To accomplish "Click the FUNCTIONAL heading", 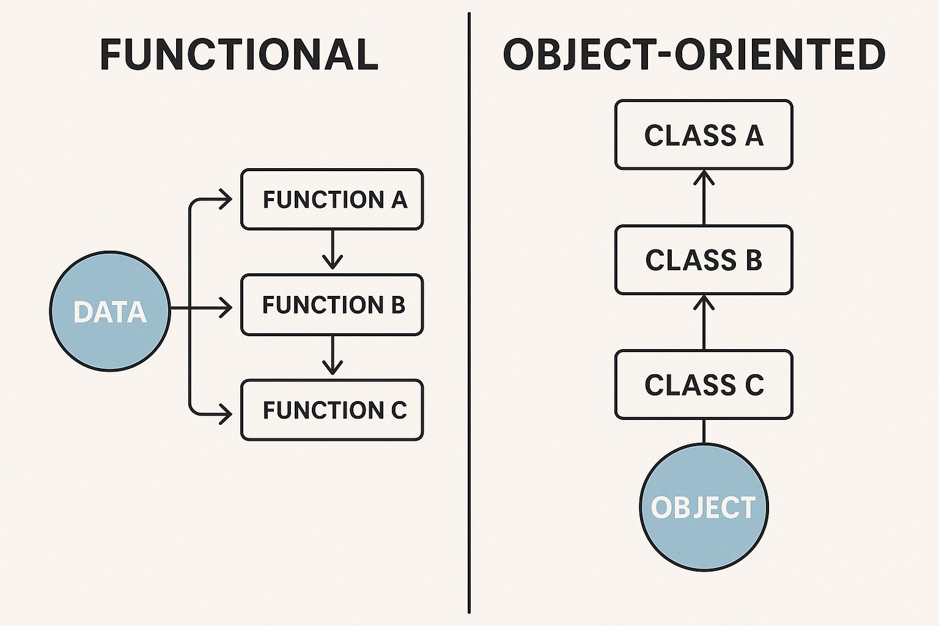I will (238, 54).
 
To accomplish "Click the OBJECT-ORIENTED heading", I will (694, 54).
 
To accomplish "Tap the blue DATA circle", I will (109, 311).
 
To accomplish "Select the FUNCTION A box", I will (332, 199).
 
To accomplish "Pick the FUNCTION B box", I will (332, 304).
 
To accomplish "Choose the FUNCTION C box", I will (332, 410).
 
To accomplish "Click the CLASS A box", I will (704, 134).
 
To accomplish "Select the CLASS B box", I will (704, 260).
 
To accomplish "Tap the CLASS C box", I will (704, 385).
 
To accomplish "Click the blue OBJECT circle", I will (704, 507).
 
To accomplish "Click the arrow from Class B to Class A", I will (704, 197).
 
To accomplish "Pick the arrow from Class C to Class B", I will (704, 322).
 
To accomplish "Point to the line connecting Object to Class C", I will (704, 431).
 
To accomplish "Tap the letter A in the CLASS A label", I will (754, 135).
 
